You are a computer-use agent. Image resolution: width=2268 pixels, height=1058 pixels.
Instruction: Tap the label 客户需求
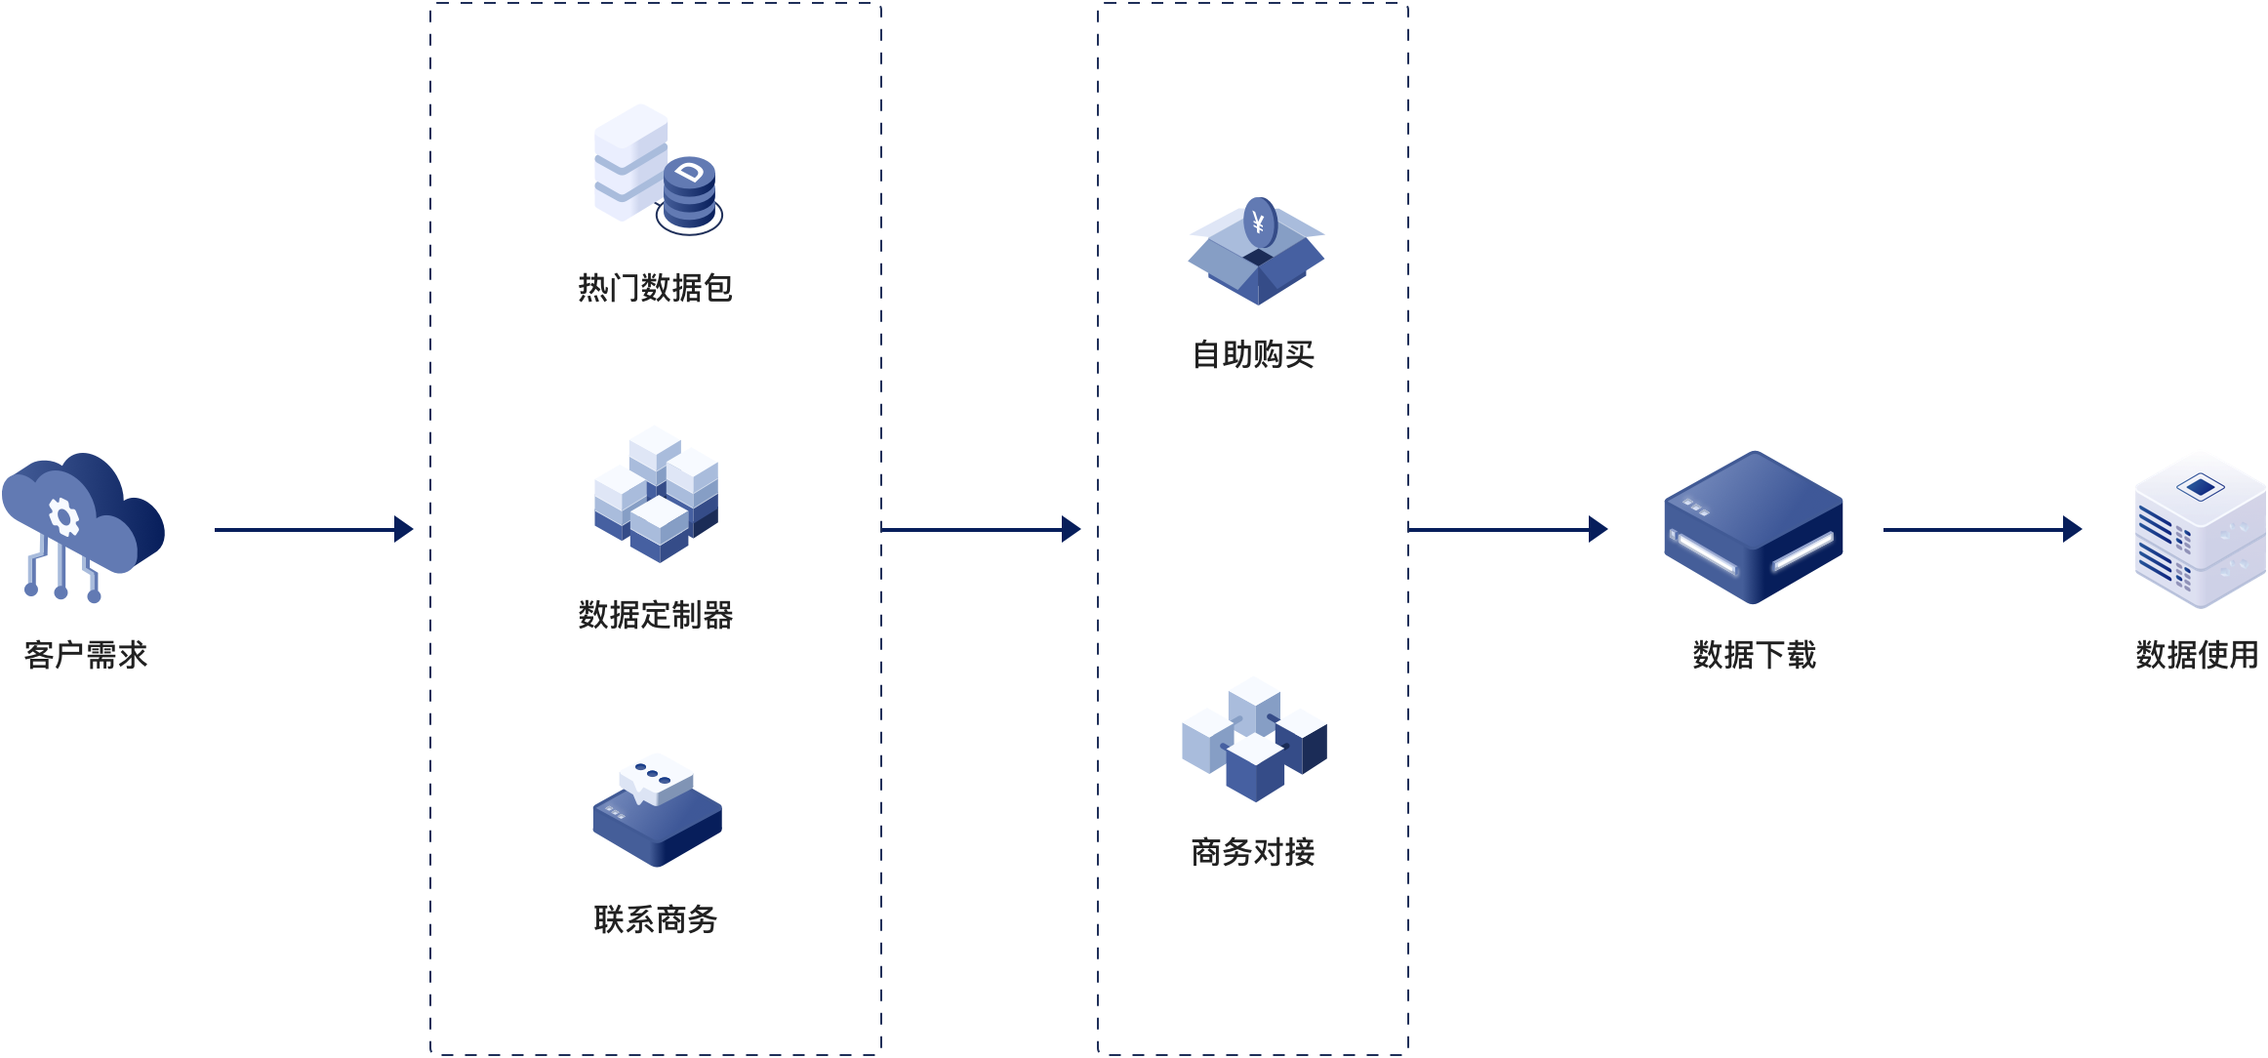[86, 655]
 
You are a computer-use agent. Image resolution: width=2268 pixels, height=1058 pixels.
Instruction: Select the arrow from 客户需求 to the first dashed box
[312, 530]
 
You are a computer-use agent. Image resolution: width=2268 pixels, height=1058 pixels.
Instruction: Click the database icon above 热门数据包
[657, 169]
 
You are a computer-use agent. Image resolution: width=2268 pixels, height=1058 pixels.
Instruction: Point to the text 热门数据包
[655, 288]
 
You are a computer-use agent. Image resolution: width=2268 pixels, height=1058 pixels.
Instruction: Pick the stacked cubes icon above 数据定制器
[656, 493]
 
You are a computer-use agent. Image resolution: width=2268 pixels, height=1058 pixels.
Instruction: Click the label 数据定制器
[655, 615]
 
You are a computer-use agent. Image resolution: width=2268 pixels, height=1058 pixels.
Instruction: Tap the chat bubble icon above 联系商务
[656, 809]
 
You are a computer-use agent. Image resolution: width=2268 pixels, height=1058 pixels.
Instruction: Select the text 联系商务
[655, 919]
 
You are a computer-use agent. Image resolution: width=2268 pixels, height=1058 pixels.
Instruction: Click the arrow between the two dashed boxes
[980, 530]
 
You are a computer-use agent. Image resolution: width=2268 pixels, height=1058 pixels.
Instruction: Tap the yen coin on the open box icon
[1259, 224]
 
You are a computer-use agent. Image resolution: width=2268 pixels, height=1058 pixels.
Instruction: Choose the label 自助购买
[1253, 354]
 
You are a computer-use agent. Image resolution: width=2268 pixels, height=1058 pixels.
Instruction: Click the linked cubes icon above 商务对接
[1254, 739]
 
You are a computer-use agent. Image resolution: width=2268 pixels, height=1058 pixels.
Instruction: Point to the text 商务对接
[1253, 852]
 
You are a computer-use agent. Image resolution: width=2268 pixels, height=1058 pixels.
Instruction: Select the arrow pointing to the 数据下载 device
[1507, 530]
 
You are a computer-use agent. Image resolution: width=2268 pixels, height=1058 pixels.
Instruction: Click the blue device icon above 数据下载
[1754, 527]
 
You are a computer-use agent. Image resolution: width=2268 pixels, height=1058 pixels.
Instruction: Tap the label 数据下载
[1754, 655]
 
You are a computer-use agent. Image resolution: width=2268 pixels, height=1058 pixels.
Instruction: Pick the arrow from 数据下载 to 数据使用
[1981, 530]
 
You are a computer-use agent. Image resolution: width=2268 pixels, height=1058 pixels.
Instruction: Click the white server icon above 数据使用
[2200, 528]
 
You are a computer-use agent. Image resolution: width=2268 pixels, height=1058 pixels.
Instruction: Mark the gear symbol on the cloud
[63, 516]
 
